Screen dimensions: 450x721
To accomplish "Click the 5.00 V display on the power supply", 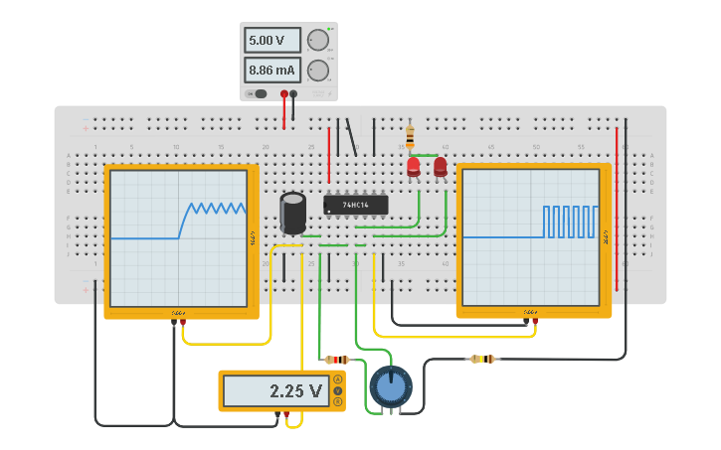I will [272, 41].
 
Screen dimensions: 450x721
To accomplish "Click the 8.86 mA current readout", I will [272, 71].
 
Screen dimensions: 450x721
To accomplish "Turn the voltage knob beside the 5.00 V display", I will [317, 41].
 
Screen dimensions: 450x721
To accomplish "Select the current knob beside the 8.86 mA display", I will [317, 71].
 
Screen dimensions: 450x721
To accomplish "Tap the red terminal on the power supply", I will [284, 93].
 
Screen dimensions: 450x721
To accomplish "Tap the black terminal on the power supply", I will [293, 93].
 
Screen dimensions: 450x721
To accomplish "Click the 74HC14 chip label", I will [355, 205].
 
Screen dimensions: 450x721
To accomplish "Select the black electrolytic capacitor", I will [292, 213].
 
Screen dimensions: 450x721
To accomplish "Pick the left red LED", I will [414, 167].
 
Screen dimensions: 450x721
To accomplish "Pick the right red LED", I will [441, 167].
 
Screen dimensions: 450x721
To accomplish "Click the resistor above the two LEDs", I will [410, 136].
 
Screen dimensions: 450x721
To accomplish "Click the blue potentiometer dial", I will [390, 386].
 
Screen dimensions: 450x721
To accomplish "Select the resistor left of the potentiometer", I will [337, 360].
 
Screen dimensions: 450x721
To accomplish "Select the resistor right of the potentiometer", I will [482, 359].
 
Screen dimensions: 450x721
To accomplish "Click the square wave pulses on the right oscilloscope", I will [570, 222].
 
